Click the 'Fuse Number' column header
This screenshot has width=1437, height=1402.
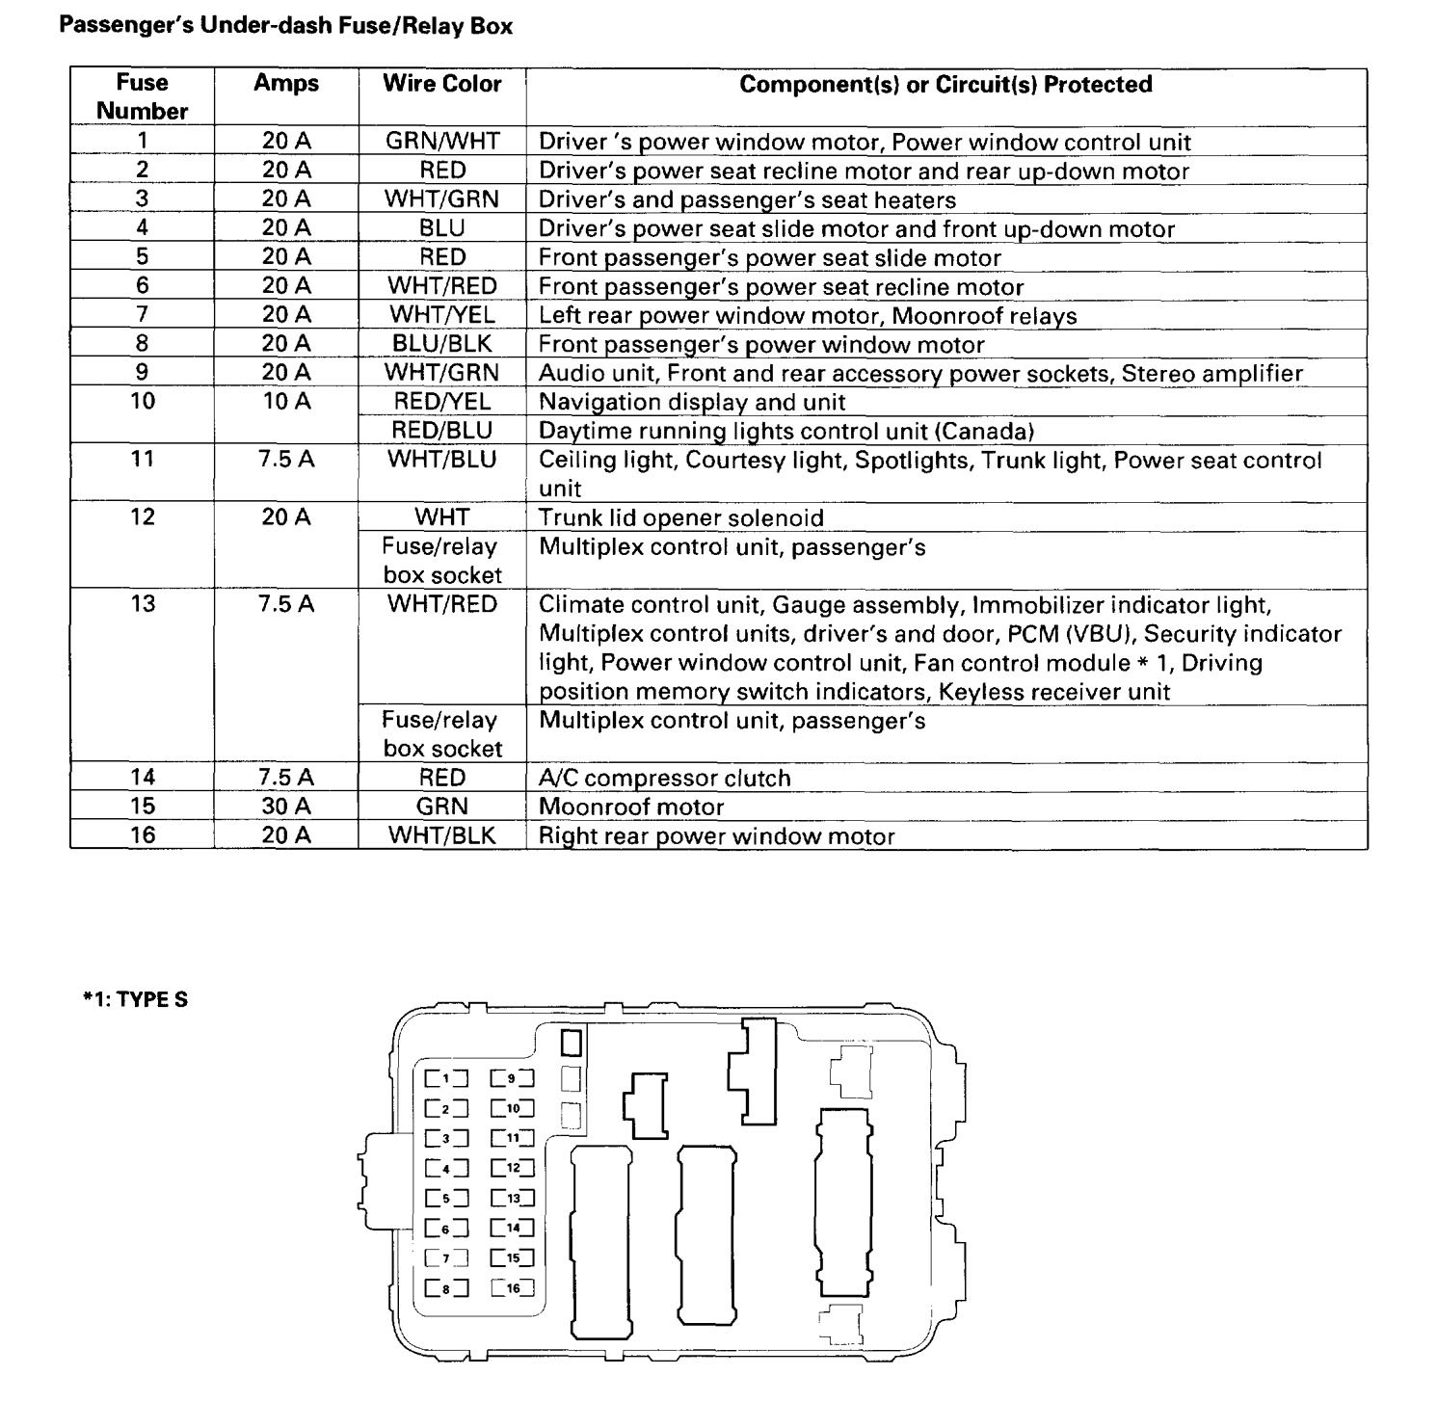click(142, 96)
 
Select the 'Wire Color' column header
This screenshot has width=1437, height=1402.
click(442, 84)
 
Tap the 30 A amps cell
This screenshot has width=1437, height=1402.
click(286, 807)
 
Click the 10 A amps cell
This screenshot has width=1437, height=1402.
click(286, 402)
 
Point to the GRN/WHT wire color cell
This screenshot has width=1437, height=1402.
click(442, 142)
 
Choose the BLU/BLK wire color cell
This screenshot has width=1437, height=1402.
click(442, 344)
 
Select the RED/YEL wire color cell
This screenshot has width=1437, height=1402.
click(442, 402)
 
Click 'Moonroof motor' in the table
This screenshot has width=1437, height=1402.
click(631, 807)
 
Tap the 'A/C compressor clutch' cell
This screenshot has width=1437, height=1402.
click(665, 778)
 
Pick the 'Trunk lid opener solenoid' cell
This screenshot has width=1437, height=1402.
click(681, 517)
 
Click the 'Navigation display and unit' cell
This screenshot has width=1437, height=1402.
click(692, 402)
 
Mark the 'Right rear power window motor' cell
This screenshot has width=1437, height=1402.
click(717, 835)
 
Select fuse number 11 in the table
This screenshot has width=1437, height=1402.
click(142, 460)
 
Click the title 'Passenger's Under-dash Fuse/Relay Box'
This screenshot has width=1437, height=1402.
click(285, 26)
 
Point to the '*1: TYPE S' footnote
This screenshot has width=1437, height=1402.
click(135, 999)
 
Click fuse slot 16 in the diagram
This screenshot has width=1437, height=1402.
click(512, 1287)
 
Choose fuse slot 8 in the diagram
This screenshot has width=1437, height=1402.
click(446, 1287)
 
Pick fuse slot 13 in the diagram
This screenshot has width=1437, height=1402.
click(512, 1199)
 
